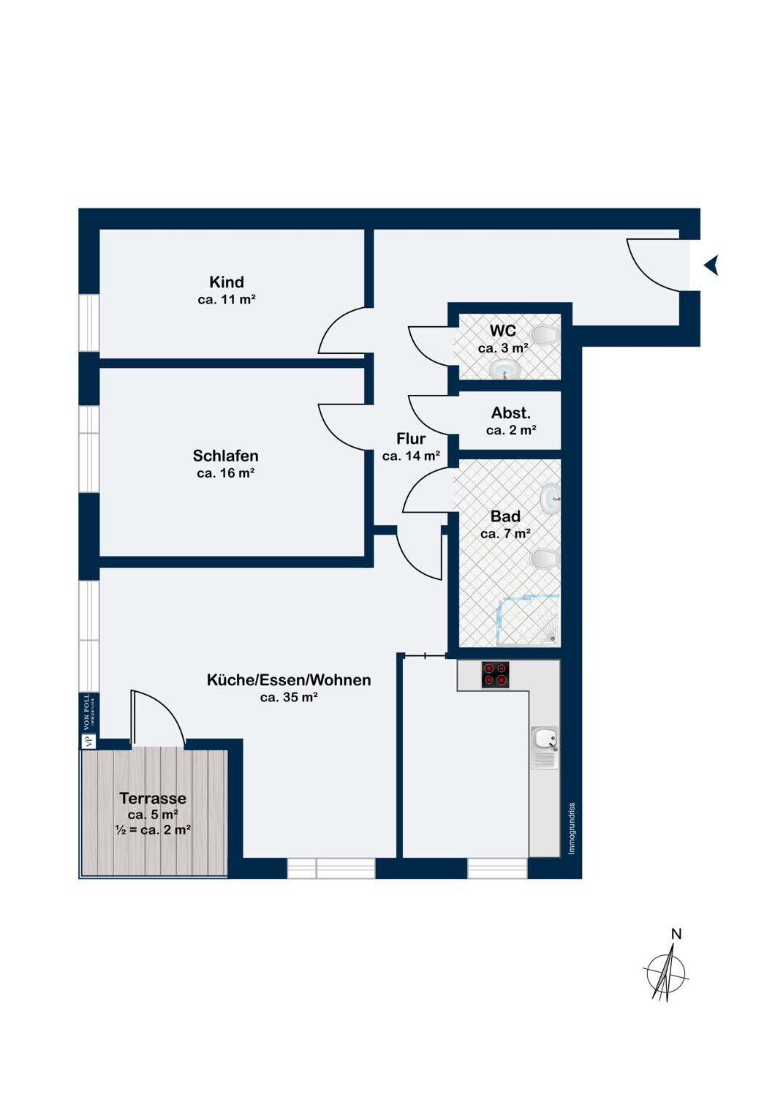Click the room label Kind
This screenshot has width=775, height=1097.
[x=226, y=282]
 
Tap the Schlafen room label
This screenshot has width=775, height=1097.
[x=225, y=456]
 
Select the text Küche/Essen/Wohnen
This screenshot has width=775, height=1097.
[x=289, y=679]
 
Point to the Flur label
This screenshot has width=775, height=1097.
[x=411, y=438]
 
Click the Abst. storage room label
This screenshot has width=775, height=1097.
[x=510, y=413]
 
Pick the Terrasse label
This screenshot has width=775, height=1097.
[x=153, y=799]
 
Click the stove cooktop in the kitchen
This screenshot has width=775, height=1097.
[x=495, y=675]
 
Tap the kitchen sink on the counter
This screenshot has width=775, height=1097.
[x=545, y=747]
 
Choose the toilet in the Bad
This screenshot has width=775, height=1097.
[x=545, y=558]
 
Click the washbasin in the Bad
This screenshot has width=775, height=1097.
[x=551, y=498]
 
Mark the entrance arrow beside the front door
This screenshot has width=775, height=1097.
[x=711, y=265]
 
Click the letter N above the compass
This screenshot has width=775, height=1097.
[x=676, y=934]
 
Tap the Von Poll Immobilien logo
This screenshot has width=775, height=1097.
[x=88, y=721]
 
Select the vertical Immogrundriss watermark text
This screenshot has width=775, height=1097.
[x=572, y=829]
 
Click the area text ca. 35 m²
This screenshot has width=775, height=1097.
[x=289, y=697]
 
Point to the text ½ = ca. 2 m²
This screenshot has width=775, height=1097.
[x=153, y=829]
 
